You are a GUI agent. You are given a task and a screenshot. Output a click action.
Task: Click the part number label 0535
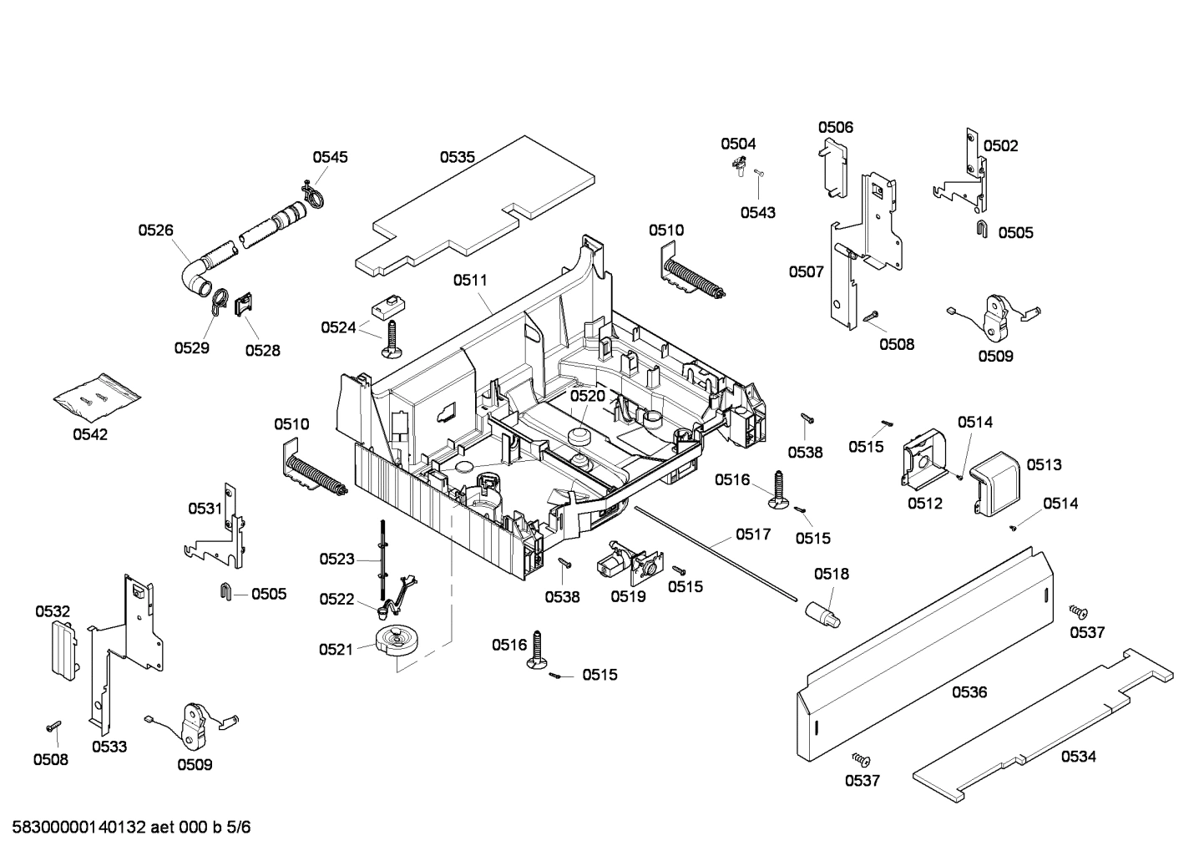click(457, 156)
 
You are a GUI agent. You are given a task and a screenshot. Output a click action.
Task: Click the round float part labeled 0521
click(396, 641)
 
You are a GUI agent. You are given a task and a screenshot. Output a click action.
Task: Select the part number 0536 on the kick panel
click(969, 691)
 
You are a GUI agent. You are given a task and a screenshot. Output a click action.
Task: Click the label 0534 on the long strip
click(1078, 757)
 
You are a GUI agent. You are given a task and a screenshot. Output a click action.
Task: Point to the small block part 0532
click(61, 649)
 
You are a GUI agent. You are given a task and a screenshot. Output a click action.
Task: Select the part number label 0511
click(470, 281)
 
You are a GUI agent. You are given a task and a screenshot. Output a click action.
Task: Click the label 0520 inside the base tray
click(587, 395)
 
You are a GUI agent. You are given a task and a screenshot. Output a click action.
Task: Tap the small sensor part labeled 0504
click(739, 166)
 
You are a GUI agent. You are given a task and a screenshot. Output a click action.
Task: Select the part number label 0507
click(806, 271)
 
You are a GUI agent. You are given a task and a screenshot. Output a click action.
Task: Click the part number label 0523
click(336, 559)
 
